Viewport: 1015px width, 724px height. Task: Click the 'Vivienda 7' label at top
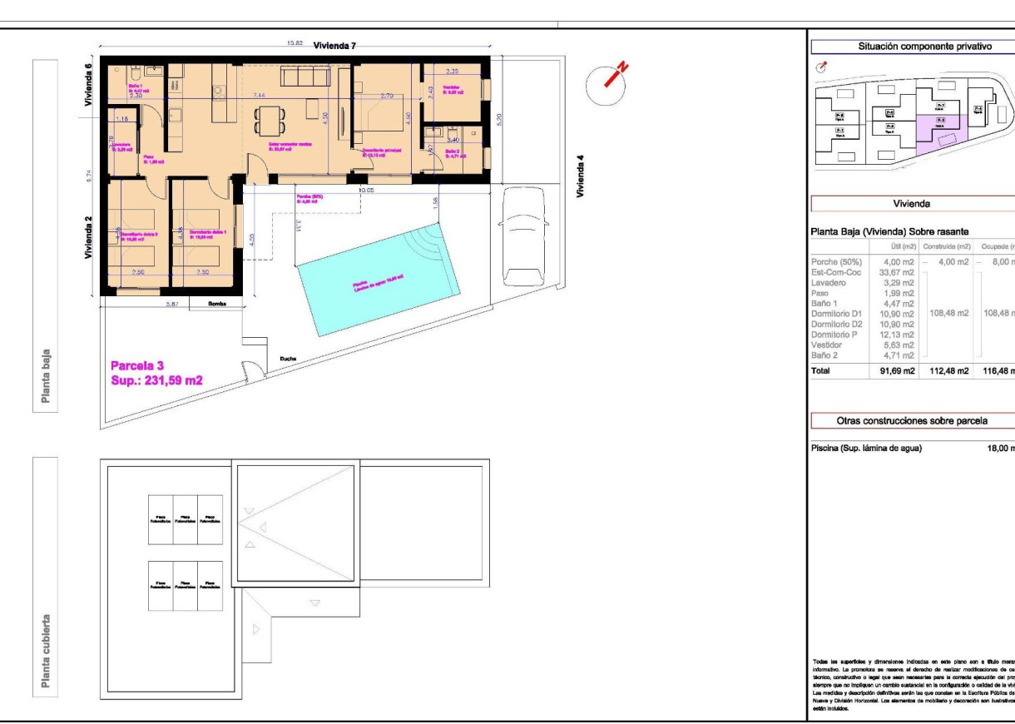334,46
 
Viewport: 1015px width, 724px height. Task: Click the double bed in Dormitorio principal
379,117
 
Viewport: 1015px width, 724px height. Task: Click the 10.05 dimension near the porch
365,191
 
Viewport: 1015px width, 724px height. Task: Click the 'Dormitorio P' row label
836,334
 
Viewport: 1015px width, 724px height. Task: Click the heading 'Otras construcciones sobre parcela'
911,420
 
